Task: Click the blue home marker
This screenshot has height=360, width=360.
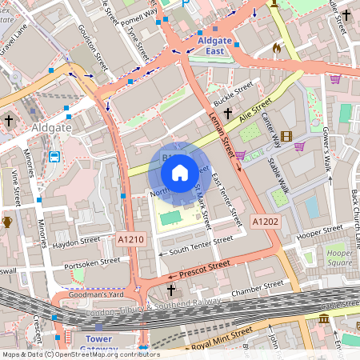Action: coord(180,171)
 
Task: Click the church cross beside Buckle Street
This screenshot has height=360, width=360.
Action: coord(227,114)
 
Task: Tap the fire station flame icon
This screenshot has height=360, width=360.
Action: coord(277,49)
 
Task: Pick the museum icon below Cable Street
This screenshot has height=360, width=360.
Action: coord(324,318)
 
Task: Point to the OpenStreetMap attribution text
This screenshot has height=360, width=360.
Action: coord(80,354)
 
